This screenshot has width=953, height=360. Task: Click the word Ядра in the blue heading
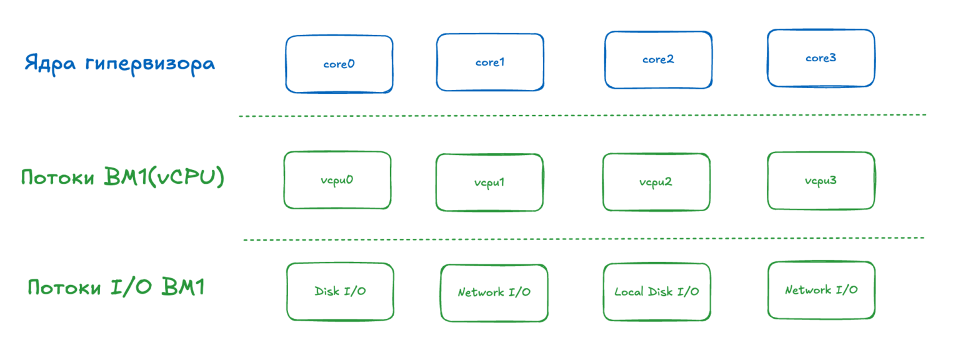50,64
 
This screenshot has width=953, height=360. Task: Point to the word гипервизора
150,64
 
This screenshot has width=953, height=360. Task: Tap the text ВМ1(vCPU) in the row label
164,177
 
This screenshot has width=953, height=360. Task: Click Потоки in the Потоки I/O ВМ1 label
64,287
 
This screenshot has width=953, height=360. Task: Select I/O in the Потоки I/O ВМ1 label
131,286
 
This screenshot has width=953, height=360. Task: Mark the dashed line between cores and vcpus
582,116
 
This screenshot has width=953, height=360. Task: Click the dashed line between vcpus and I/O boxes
584,239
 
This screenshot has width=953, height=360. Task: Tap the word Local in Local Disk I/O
629,291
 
